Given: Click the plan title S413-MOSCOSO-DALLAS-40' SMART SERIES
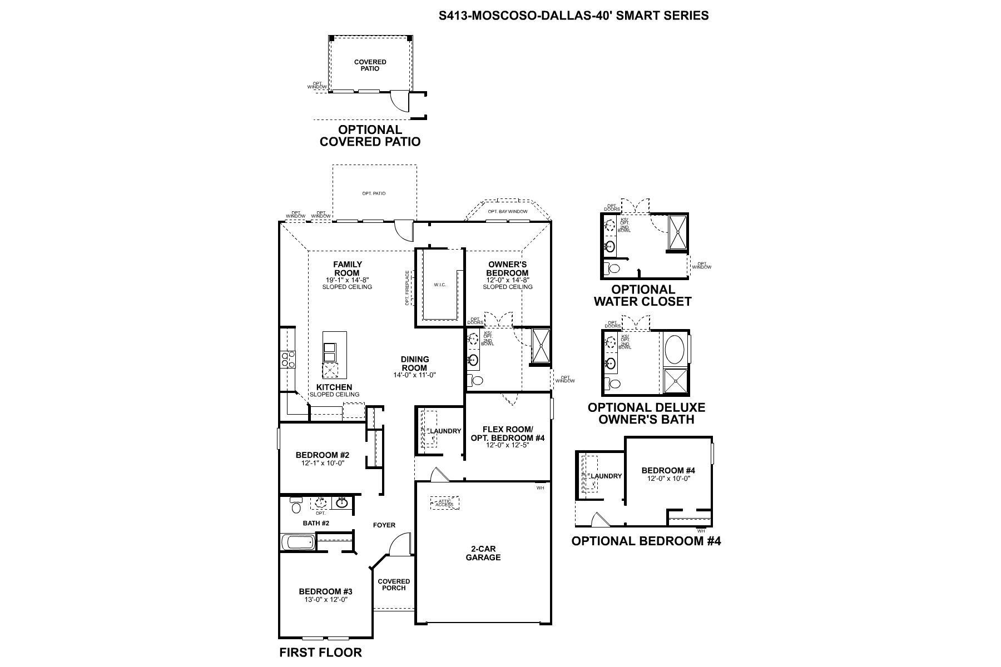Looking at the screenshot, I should tap(573, 16).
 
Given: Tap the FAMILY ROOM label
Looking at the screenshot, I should tap(347, 268).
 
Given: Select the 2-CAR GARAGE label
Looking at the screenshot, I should tap(483, 553).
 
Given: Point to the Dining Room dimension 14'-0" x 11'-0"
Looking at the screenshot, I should tap(414, 375).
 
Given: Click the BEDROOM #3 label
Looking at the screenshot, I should tap(325, 591).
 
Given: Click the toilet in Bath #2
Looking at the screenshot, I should tap(295, 506).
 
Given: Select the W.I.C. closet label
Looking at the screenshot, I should tap(440, 285).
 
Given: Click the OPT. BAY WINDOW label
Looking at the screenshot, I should tap(508, 212).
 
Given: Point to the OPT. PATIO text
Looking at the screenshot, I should tap(374, 193).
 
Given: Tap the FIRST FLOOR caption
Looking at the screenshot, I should tap(320, 652).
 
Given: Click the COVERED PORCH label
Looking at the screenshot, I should tap(394, 585).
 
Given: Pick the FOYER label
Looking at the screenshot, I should tap(384, 525).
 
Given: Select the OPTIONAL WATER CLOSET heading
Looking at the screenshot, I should tap(643, 296).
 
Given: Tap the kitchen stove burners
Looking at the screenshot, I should tap(288, 360).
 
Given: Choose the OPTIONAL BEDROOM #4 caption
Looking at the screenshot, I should tap(646, 541).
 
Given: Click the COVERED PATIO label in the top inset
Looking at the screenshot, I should tap(370, 65).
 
